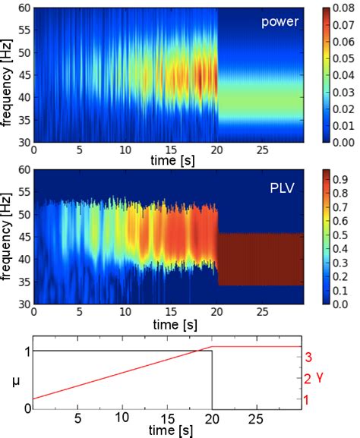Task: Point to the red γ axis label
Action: tap(321, 377)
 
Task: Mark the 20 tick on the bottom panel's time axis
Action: tap(212, 418)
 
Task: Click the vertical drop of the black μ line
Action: tap(212, 380)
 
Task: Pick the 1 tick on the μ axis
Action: tap(25, 351)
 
